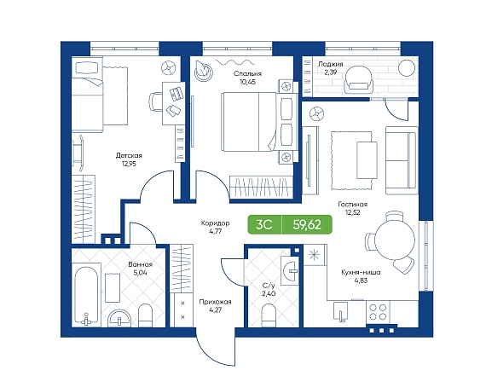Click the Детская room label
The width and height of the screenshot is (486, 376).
129,156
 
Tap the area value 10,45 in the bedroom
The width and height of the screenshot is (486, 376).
247,82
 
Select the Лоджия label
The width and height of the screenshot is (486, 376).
331,64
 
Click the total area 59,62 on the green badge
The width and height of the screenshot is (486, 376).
307,224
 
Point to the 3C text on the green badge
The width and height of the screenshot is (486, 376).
264,224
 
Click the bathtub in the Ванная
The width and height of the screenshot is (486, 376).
86,295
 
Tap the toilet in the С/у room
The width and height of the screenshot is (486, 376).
269,315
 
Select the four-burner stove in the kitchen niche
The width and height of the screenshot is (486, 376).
378,312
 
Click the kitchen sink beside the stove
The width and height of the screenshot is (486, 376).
341,311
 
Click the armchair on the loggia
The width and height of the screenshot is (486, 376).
358,79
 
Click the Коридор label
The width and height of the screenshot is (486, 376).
215,223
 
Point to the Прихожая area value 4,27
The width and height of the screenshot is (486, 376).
215,309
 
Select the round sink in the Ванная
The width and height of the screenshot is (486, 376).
119,318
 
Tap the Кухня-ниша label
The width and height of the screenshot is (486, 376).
361,273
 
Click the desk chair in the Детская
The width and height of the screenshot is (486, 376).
155,101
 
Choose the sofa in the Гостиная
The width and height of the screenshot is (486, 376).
401,160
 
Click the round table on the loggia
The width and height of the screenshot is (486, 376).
407,68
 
